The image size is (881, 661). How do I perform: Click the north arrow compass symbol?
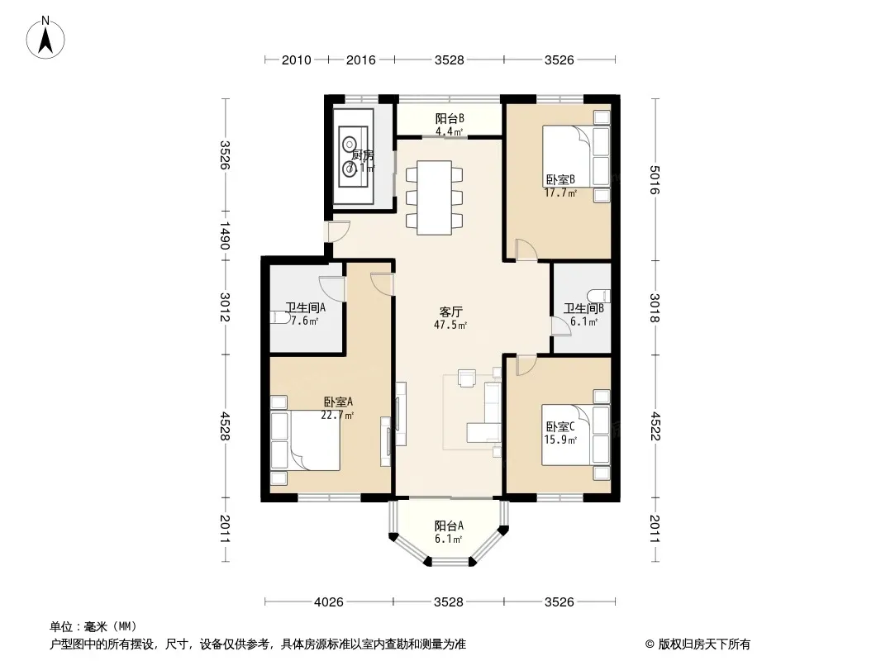pyautogui.click(x=45, y=37)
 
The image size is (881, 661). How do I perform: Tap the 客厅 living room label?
pyautogui.click(x=450, y=311)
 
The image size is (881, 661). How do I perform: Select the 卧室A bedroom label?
pyautogui.click(x=338, y=402)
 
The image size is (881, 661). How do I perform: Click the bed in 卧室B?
pyautogui.click(x=568, y=155)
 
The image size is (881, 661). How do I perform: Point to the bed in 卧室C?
pyautogui.click(x=567, y=435)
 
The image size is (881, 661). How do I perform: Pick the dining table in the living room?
pyautogui.click(x=434, y=197)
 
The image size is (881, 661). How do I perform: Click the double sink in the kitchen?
pyautogui.click(x=353, y=156)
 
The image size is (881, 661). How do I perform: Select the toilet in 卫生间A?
pyautogui.click(x=281, y=318)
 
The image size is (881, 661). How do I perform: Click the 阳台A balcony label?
pyautogui.click(x=449, y=526)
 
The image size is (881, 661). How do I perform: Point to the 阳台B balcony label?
pyautogui.click(x=450, y=118)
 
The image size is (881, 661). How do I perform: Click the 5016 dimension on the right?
pyautogui.click(x=655, y=180)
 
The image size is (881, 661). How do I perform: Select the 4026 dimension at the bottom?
pyautogui.click(x=329, y=602)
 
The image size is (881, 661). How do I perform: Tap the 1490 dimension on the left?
pyautogui.click(x=225, y=235)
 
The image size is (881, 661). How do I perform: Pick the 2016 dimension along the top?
pyautogui.click(x=360, y=59)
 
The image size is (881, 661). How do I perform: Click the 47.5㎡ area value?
pyautogui.click(x=450, y=325)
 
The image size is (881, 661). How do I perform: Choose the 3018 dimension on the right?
pyautogui.click(x=655, y=307)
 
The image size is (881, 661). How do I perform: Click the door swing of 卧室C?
pyautogui.click(x=526, y=365)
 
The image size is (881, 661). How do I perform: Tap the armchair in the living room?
pyautogui.click(x=467, y=378)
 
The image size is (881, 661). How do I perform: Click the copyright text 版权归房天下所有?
pyautogui.click(x=703, y=644)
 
